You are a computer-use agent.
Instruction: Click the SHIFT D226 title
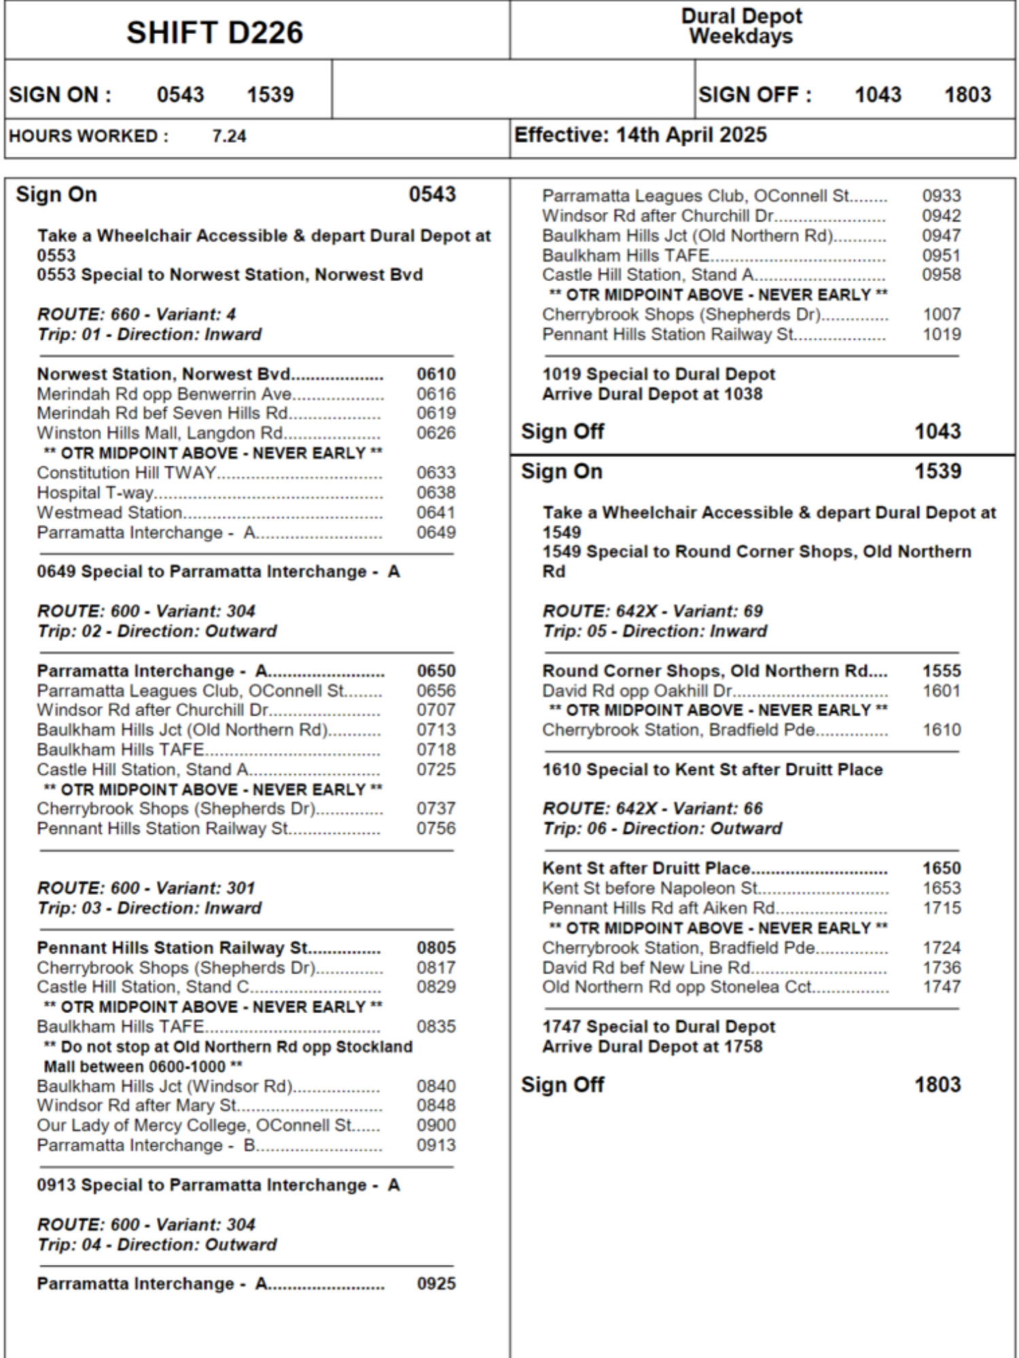coord(215,33)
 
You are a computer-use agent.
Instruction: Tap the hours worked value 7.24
coord(229,136)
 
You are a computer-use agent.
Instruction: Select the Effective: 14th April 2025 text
coord(640,135)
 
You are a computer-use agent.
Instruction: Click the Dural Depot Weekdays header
coord(741,26)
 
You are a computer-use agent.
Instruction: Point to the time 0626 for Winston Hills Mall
coord(436,433)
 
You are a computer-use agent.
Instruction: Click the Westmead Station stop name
coord(109,513)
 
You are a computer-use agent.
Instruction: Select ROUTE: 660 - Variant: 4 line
coord(136,314)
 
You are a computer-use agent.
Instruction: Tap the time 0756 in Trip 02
coord(436,828)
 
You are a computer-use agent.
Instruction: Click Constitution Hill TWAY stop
coord(126,473)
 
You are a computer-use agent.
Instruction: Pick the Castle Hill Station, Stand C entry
coord(143,987)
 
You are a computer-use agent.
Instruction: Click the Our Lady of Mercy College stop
coord(194,1125)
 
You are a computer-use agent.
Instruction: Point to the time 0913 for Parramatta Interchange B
coord(436,1145)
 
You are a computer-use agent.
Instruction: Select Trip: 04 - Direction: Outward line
coord(157,1245)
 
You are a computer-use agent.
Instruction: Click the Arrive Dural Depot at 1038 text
coord(652,394)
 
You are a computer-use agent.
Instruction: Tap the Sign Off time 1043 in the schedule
coord(937,431)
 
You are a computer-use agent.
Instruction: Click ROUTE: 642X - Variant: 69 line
coord(652,611)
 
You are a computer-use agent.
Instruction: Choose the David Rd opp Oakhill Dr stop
coord(637,691)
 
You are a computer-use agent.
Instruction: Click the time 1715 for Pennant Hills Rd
coord(942,908)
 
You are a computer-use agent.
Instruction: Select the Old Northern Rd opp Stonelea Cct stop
coord(677,987)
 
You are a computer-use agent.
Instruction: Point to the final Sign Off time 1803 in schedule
coord(937,1084)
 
